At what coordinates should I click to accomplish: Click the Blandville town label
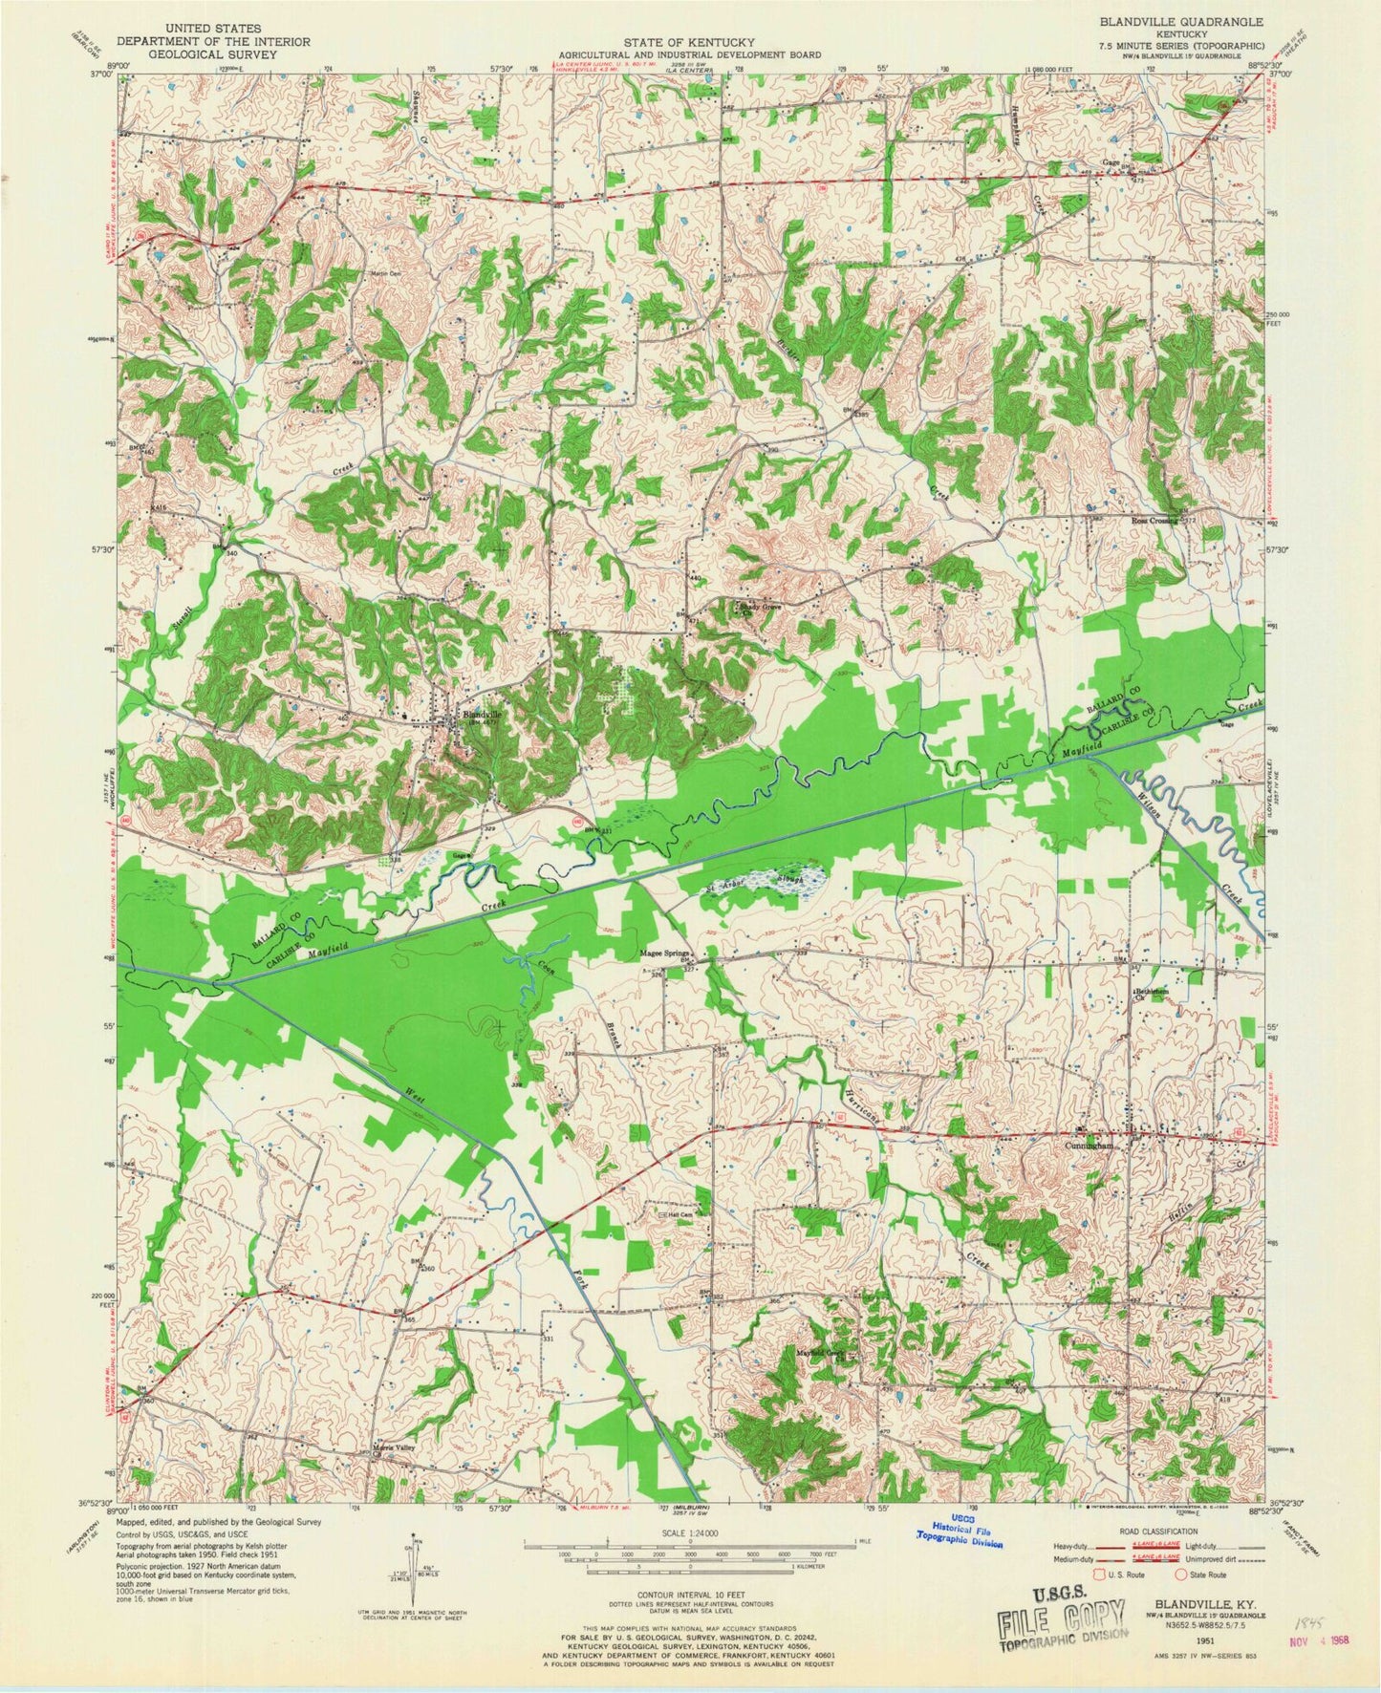[482, 713]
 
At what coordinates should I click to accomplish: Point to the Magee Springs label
[667, 954]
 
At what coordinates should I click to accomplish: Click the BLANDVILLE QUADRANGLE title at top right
[1206, 20]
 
